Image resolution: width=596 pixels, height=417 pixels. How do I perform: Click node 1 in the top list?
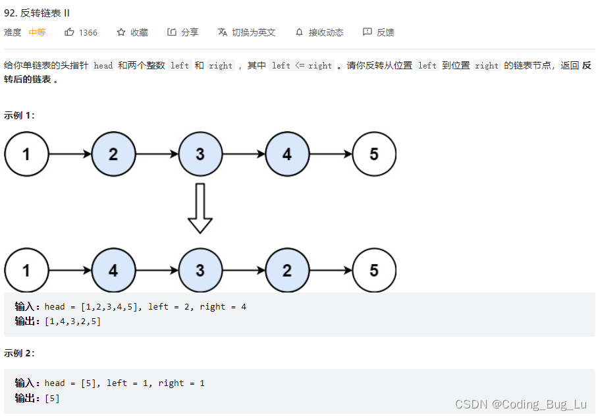click(x=26, y=154)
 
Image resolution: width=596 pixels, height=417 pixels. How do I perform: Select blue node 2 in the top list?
click(x=113, y=154)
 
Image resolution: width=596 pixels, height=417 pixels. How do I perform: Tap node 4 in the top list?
click(x=287, y=154)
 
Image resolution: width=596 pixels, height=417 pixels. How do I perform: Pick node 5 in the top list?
click(x=374, y=154)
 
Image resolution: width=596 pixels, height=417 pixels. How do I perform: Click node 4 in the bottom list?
click(x=113, y=270)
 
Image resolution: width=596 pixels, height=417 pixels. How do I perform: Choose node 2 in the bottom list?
click(x=287, y=270)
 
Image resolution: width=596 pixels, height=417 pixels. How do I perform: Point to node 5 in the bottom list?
click(x=374, y=270)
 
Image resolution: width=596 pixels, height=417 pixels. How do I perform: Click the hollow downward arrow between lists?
click(x=200, y=208)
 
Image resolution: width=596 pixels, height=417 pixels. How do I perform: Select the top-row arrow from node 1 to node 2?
click(x=70, y=154)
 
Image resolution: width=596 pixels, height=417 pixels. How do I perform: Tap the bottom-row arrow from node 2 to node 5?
click(x=331, y=270)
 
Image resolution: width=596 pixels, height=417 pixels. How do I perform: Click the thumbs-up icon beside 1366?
click(x=69, y=32)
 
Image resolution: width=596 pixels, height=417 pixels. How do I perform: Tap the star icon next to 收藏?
click(x=121, y=32)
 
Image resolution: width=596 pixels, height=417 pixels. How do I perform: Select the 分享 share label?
click(x=190, y=32)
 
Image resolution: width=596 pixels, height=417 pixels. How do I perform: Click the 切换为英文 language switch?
click(x=253, y=32)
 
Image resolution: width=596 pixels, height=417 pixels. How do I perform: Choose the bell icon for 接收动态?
click(x=300, y=32)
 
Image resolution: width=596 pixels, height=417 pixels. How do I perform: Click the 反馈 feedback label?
click(x=385, y=32)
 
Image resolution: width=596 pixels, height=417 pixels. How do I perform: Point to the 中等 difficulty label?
click(x=37, y=32)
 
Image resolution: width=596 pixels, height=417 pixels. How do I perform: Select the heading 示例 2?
click(x=19, y=353)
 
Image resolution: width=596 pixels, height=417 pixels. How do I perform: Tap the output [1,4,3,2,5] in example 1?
click(x=72, y=321)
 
